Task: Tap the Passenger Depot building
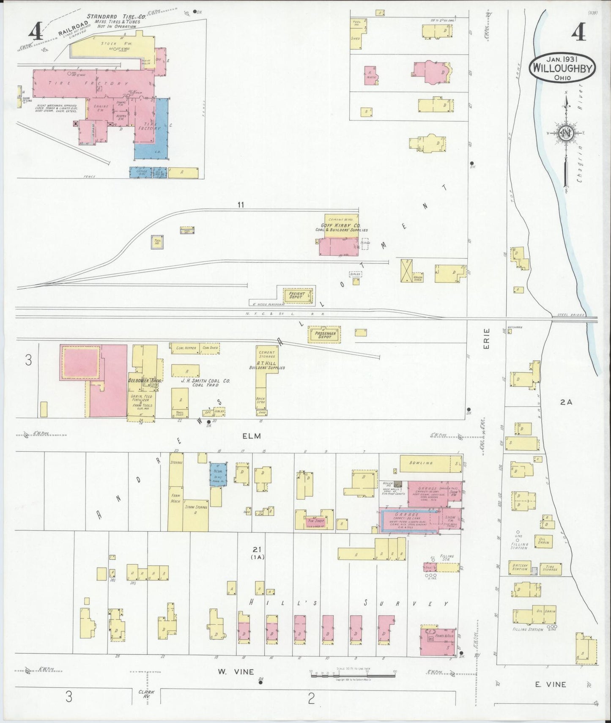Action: click(325, 334)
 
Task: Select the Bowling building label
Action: click(421, 463)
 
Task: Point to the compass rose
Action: click(566, 133)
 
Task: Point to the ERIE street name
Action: click(486, 339)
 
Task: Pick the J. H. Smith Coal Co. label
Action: click(205, 381)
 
